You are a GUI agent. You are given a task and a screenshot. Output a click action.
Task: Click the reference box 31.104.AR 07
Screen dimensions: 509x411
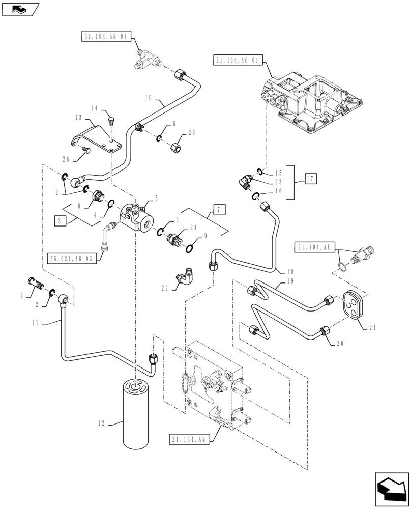point(106,36)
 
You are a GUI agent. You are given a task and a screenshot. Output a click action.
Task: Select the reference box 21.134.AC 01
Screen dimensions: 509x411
point(238,61)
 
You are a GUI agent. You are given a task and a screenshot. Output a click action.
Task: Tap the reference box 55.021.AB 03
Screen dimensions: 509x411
point(71,258)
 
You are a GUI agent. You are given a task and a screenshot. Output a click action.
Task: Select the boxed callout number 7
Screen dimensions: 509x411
point(219,209)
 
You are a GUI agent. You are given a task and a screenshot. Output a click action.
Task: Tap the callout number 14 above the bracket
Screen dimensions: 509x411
point(94,108)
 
